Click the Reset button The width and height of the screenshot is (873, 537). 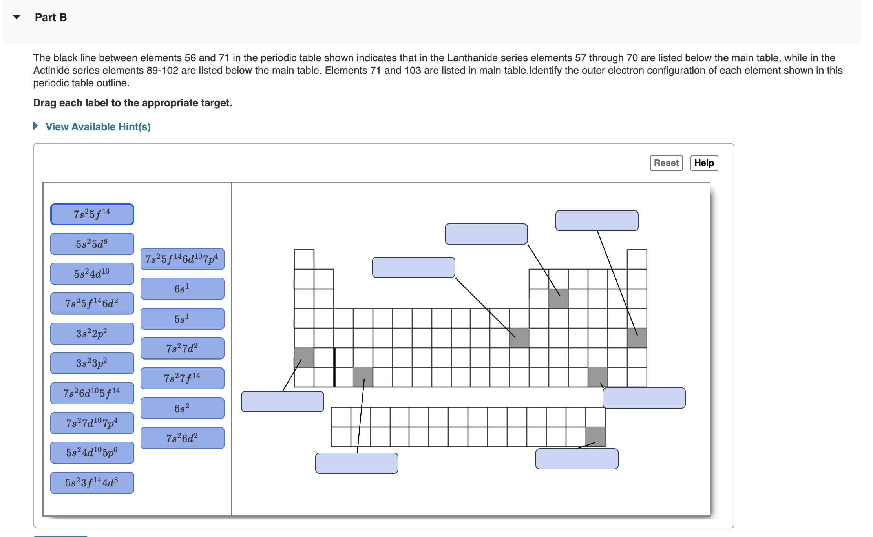(666, 163)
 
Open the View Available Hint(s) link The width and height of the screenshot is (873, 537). (98, 127)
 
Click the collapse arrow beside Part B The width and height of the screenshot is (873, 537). (16, 17)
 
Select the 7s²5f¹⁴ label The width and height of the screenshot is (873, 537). (92, 214)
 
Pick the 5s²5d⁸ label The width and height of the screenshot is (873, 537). (92, 244)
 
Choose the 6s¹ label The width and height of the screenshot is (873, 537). (182, 289)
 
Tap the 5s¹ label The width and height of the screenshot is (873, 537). (182, 318)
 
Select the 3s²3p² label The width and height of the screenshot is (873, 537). (92, 363)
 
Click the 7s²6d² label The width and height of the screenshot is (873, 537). (182, 438)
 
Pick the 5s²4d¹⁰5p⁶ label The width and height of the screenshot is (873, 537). (92, 453)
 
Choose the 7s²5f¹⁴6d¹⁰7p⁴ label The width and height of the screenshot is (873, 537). (182, 259)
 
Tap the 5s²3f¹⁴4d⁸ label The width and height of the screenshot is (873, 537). (92, 482)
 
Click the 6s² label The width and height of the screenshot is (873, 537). (182, 408)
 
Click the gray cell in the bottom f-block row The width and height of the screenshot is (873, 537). (595, 437)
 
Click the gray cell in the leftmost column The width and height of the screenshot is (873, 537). (304, 357)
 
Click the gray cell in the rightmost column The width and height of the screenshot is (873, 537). (637, 338)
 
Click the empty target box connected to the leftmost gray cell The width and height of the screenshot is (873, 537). (282, 402)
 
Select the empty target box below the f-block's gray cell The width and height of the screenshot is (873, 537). (577, 459)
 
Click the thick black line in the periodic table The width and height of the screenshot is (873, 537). (334, 367)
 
